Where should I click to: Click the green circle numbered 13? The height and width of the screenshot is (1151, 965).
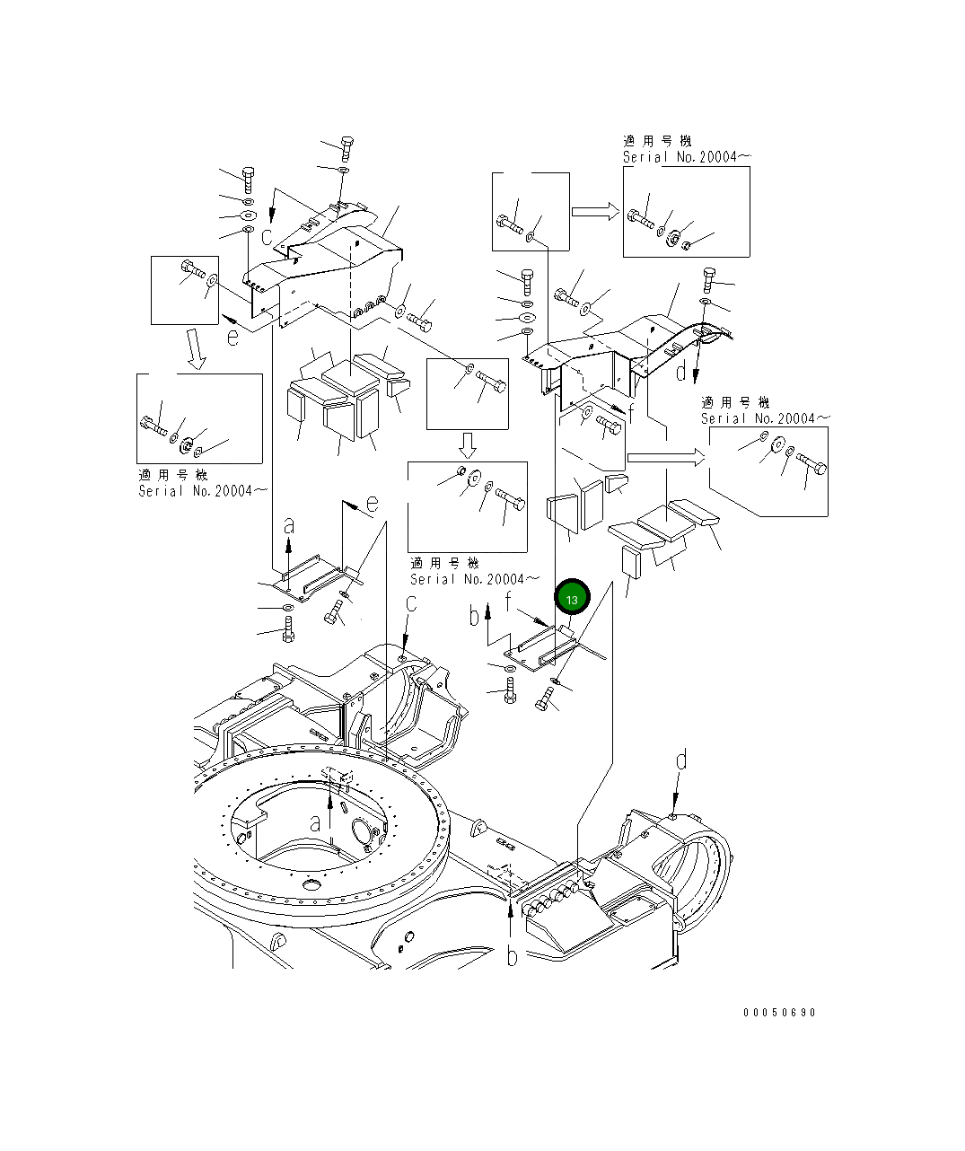572,598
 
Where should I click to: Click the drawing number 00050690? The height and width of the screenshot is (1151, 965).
779,1013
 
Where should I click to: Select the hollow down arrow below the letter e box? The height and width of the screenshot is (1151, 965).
196,348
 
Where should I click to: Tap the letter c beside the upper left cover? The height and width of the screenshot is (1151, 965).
268,236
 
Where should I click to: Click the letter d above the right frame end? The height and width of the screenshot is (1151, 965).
681,761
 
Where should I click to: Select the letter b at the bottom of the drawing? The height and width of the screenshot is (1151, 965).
512,957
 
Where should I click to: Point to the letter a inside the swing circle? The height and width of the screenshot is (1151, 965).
315,822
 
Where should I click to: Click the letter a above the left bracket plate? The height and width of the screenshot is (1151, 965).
288,525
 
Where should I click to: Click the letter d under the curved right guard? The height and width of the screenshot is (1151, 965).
680,370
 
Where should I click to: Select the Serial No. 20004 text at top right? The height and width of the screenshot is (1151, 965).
686,156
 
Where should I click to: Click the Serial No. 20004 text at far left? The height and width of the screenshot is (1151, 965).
202,490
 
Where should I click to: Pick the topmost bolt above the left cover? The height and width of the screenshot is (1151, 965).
347,147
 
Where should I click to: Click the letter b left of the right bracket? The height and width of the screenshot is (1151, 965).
475,617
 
